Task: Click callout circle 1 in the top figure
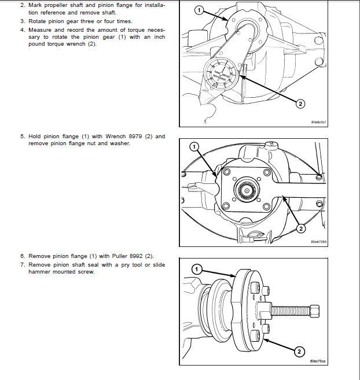pos(199,10)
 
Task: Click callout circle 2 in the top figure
pos(300,104)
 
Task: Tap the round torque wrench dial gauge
pos(221,74)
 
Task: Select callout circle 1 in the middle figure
pos(194,146)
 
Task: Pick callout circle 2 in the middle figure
pos(300,229)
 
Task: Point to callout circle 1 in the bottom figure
pos(197,269)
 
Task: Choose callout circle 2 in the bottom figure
pos(299,351)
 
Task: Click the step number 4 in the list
pos(22,29)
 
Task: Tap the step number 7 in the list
pos(22,263)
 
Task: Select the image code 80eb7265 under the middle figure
pos(318,242)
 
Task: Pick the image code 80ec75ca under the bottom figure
pos(318,361)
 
